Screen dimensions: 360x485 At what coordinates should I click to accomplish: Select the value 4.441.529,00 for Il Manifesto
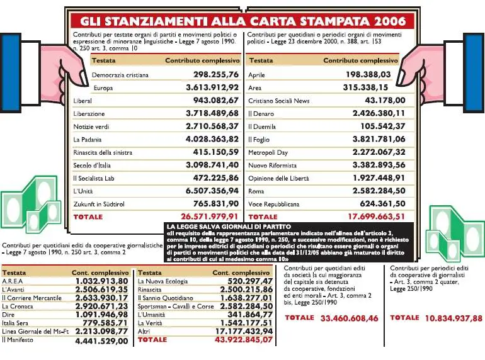point(101,340)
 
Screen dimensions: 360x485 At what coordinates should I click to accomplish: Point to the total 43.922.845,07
point(238,340)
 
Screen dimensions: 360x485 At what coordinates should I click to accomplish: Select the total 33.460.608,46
point(350,318)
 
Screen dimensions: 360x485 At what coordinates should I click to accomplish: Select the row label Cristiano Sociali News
point(279,101)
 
